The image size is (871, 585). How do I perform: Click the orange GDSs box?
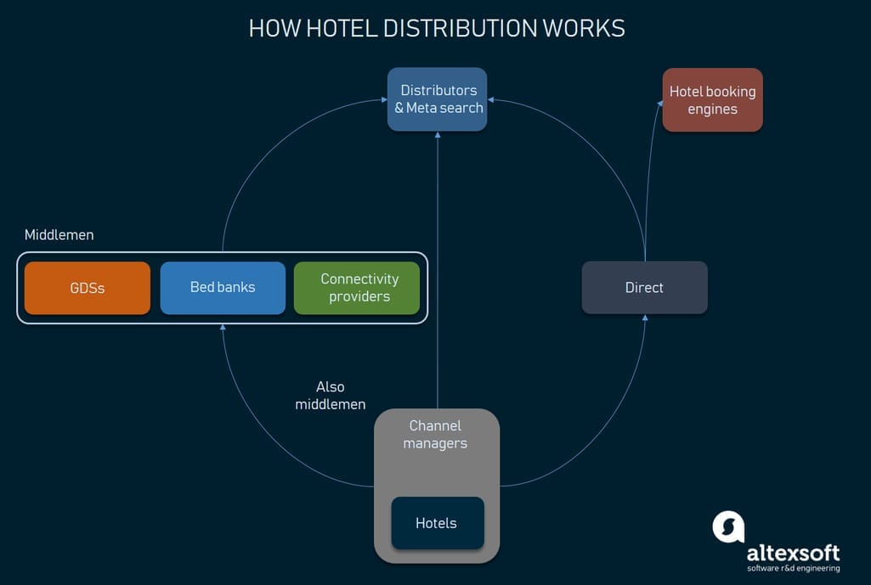88,288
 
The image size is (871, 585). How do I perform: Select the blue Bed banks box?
223,288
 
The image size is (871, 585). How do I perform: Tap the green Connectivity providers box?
357,288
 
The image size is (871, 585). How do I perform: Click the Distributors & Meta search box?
438,99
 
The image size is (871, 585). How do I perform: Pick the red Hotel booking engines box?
712,100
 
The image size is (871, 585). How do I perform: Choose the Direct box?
644,288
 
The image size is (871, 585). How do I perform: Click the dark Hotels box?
437,523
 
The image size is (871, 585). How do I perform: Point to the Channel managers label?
435,435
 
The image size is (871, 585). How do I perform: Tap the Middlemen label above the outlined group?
59,235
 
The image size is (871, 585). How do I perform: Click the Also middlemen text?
331,396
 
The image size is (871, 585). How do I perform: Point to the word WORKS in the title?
584,28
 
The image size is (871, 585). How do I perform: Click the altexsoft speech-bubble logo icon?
728,526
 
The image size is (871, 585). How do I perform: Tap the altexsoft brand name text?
793,553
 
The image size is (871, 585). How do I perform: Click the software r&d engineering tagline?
793,569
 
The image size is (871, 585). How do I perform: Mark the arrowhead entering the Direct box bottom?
645,318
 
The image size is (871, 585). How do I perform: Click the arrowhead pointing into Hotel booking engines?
660,103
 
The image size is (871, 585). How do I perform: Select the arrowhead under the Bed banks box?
223,328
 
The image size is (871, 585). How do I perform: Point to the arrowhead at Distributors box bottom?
438,135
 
